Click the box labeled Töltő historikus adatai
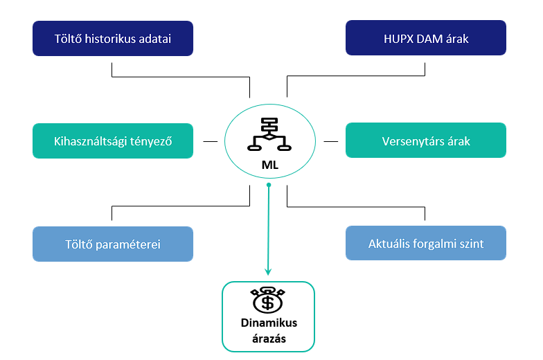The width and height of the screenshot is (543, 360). (x=113, y=38)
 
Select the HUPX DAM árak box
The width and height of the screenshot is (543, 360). (x=425, y=38)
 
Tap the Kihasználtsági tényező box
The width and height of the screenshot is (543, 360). (x=113, y=141)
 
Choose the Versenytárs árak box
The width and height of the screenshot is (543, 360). (x=425, y=141)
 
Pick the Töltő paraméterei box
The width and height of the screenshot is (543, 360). (x=113, y=244)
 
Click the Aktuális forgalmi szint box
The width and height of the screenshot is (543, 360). (x=425, y=244)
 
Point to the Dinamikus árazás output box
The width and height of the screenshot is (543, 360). (x=268, y=316)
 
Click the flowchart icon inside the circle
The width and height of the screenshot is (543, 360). (x=268, y=134)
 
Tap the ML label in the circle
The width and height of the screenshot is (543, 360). (x=269, y=165)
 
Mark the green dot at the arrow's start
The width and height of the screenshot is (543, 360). (x=269, y=186)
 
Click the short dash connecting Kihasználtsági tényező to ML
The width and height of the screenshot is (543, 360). (x=210, y=141)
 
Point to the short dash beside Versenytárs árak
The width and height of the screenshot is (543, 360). (x=330, y=141)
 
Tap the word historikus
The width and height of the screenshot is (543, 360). (x=114, y=39)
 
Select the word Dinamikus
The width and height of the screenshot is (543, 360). (x=268, y=323)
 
